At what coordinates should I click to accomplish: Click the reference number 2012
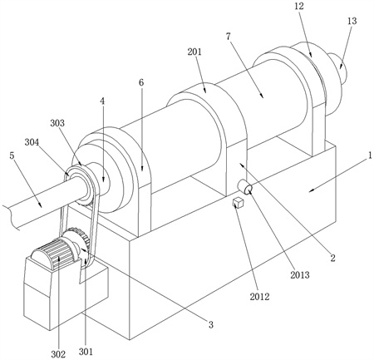tap(259, 297)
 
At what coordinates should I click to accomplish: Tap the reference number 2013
tap(300, 275)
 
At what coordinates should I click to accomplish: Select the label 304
tap(32, 142)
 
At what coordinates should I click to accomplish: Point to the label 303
tap(57, 123)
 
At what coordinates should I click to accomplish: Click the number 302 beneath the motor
tap(58, 354)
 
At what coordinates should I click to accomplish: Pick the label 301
tap(86, 352)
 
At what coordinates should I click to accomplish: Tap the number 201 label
tap(194, 52)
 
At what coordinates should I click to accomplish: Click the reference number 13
tap(352, 21)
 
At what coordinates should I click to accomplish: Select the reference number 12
tap(299, 6)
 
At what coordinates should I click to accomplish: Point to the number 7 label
tap(229, 37)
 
